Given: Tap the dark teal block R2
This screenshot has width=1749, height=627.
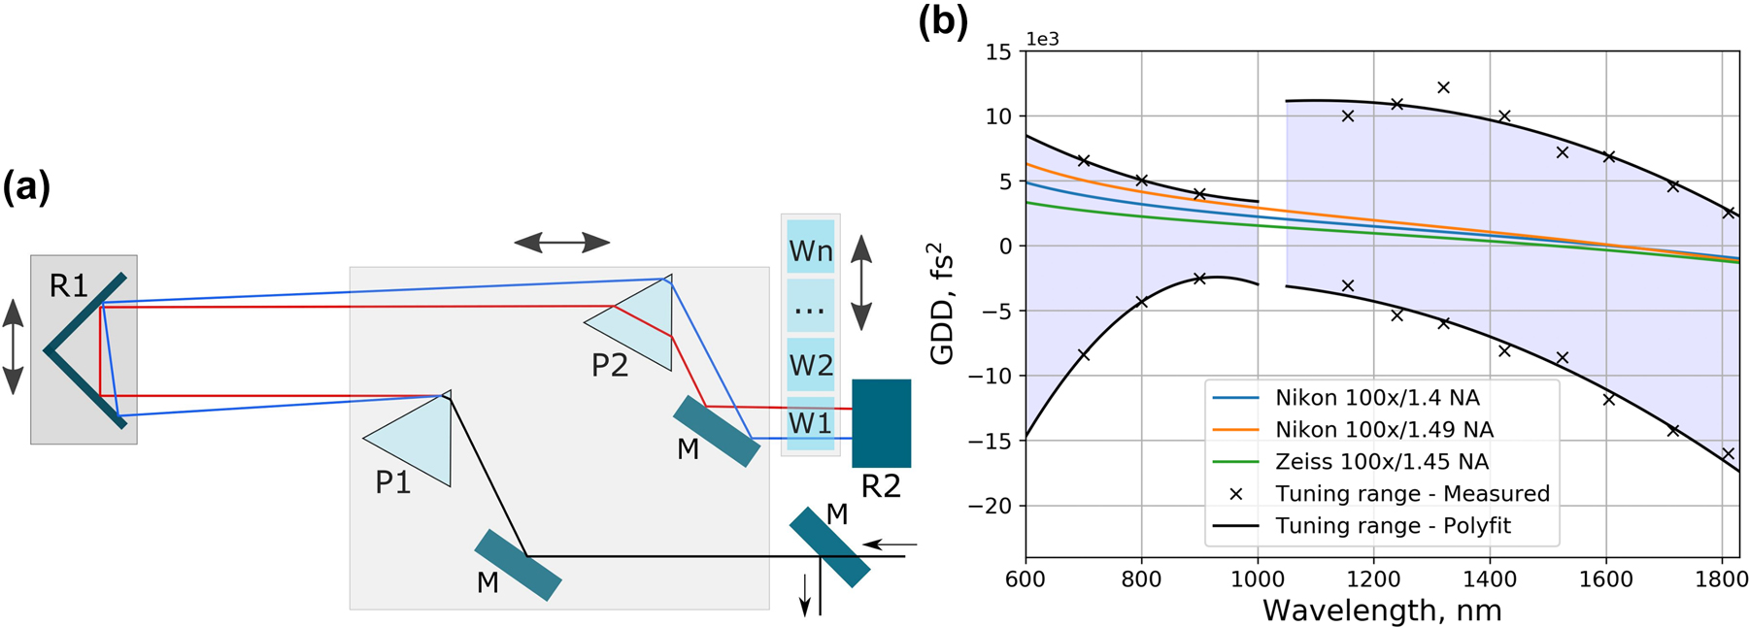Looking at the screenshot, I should click(x=881, y=422).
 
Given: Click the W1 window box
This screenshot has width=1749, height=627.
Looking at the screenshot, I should click(x=810, y=423).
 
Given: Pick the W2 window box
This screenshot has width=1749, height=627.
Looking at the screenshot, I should click(x=810, y=365).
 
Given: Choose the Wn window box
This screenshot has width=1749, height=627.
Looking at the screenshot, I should click(x=810, y=250).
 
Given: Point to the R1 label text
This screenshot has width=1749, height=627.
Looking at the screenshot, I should click(x=68, y=285).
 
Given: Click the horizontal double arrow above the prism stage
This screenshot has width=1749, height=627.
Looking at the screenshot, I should click(x=561, y=243).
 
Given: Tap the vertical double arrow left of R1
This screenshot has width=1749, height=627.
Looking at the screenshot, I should click(x=13, y=346).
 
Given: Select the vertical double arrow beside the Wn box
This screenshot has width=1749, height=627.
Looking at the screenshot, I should click(x=861, y=281).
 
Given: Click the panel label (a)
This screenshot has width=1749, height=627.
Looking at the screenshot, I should click(x=26, y=186).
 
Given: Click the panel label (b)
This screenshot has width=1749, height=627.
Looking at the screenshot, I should click(x=943, y=22).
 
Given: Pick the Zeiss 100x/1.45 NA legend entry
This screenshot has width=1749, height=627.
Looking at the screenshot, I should click(x=1382, y=461).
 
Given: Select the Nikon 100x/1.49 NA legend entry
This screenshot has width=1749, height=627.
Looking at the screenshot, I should click(x=1384, y=429).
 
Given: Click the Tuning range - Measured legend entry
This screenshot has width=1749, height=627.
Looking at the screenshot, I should click(x=1412, y=493).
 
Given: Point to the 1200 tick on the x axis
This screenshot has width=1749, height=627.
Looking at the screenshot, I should click(x=1373, y=580).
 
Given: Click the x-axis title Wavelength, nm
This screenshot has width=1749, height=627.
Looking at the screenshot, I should click(x=1382, y=610).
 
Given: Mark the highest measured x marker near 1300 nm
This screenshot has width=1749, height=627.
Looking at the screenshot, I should click(x=1443, y=87).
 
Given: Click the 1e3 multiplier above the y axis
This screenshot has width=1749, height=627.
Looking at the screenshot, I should click(x=1042, y=40).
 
